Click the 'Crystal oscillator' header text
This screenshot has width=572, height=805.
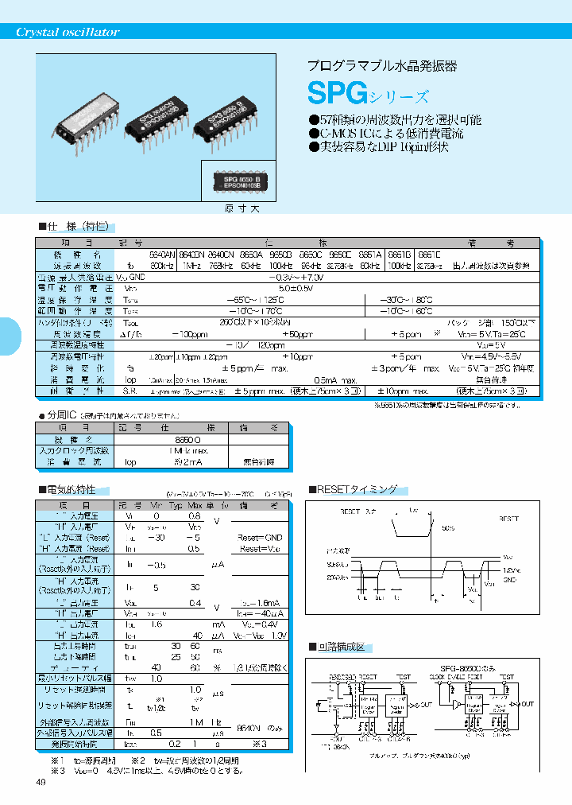click(68, 32)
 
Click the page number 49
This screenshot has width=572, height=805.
click(41, 782)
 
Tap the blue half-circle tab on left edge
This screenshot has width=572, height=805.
click(10, 337)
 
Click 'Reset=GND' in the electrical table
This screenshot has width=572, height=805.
click(261, 538)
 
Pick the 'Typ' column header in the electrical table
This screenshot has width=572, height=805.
click(176, 506)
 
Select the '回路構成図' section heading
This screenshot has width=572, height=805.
click(342, 647)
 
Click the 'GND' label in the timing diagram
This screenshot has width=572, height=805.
click(509, 580)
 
